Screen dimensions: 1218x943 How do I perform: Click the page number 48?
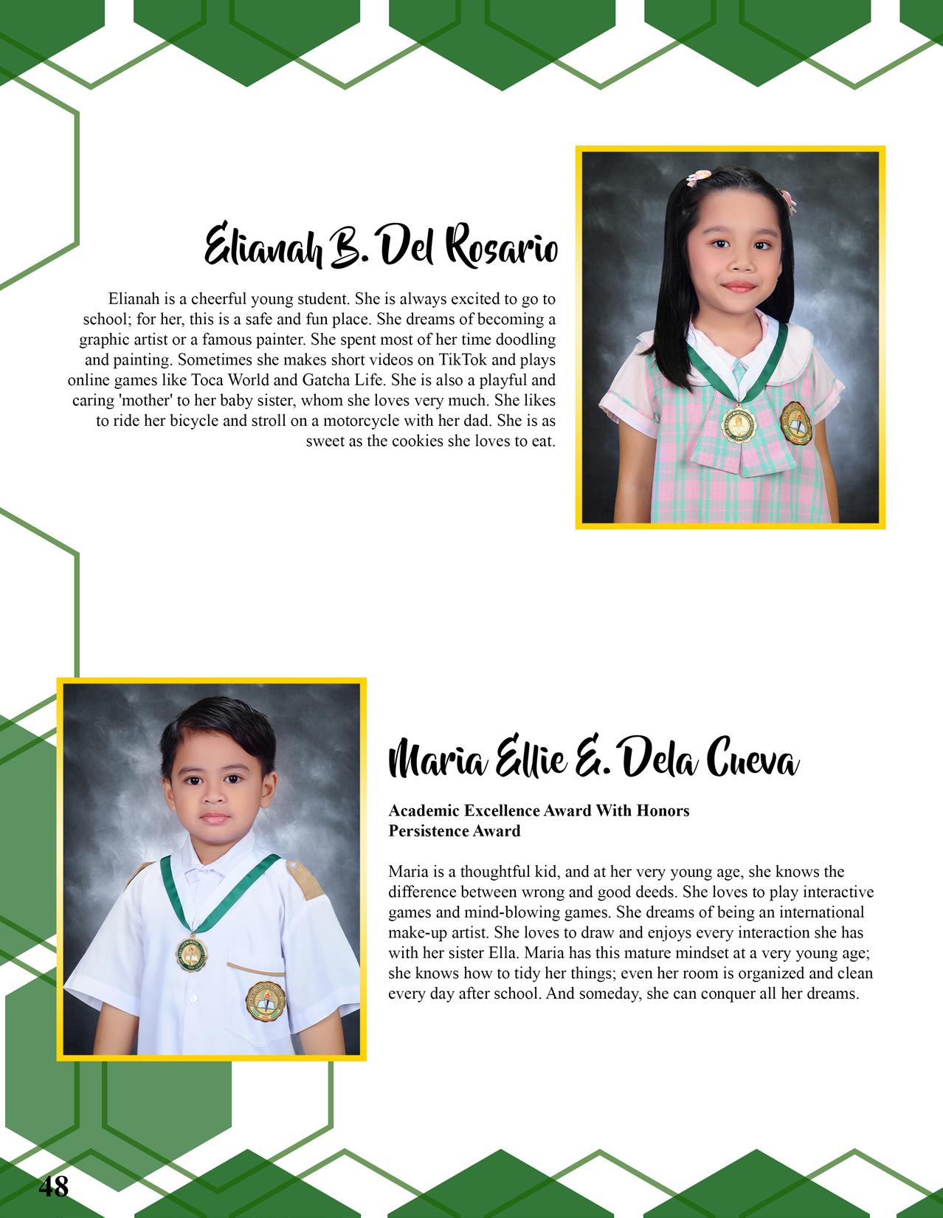pos(53,1186)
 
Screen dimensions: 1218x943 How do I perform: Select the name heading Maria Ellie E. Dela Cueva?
pos(593,761)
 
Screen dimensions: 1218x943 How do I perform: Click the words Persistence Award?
pos(455,831)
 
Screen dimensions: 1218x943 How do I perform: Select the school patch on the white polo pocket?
pos(265,1000)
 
